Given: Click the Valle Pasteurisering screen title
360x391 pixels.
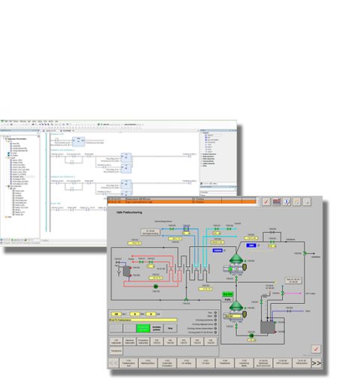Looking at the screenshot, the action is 125,215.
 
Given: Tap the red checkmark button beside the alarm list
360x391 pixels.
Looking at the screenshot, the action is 265,201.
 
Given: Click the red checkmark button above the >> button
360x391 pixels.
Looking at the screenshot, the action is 316,349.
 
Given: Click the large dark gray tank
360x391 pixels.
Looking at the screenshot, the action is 267,323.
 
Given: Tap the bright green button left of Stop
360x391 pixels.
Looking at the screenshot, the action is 141,327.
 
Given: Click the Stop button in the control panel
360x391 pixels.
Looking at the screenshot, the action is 171,327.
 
